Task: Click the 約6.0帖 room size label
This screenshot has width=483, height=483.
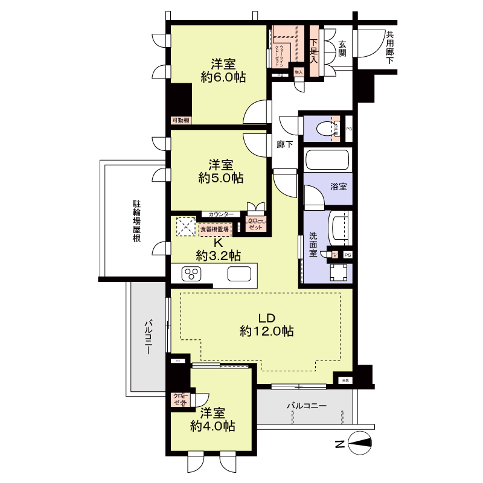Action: click(x=223, y=77)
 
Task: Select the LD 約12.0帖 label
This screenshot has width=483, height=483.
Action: click(x=266, y=331)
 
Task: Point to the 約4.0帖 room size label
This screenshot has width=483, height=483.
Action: click(x=213, y=426)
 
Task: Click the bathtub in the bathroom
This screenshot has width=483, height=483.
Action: click(x=326, y=161)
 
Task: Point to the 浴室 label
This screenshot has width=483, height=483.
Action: click(x=338, y=187)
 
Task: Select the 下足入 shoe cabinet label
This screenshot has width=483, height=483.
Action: click(x=314, y=51)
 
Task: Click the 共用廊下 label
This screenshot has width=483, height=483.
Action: click(x=390, y=48)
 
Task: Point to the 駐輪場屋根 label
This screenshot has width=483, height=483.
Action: click(x=138, y=221)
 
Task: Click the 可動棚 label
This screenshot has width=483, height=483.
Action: click(x=181, y=120)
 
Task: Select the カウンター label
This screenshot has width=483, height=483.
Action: click(x=221, y=214)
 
